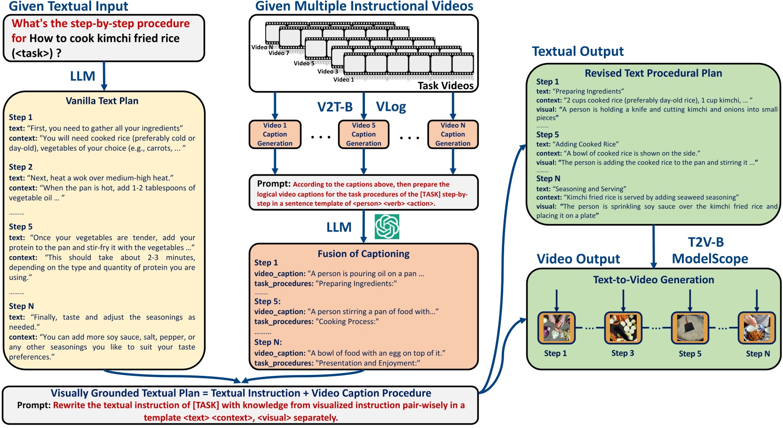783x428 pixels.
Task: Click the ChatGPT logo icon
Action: (387, 226)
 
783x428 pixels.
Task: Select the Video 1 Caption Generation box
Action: (275, 134)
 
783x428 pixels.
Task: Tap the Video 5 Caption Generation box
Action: (364, 134)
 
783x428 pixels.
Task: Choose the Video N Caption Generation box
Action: (452, 134)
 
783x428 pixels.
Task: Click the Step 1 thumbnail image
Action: (556, 327)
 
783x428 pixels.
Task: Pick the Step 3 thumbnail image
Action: (623, 327)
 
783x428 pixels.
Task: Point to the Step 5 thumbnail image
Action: (690, 327)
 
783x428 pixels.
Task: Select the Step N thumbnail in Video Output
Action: (756, 327)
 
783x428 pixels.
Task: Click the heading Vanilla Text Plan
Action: (102, 101)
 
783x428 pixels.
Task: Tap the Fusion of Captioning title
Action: (364, 254)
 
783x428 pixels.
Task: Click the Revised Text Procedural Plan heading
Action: (653, 73)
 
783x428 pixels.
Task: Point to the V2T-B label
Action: (335, 107)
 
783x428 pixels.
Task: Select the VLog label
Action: (391, 107)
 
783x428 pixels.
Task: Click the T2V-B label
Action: (705, 242)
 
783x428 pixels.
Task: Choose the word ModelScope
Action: (710, 259)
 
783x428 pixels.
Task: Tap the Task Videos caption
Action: (445, 86)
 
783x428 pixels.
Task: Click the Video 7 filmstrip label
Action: (278, 53)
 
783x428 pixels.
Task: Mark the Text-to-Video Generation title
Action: (653, 280)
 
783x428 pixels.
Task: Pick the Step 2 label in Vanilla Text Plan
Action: (21, 167)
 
